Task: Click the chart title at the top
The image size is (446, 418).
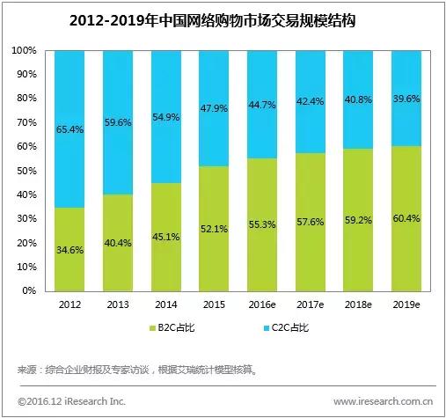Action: (222, 18)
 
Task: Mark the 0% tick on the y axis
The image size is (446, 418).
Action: (30, 290)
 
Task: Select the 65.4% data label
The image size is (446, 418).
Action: (70, 128)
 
